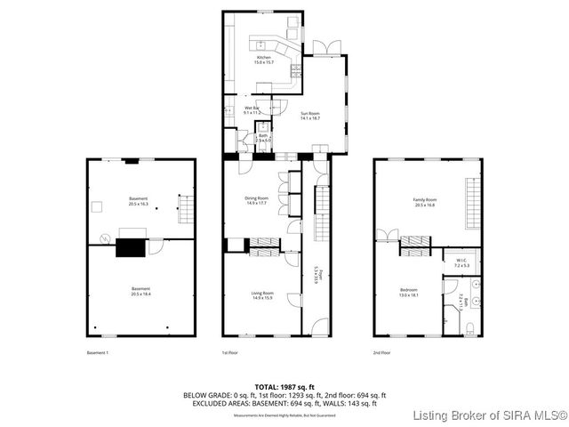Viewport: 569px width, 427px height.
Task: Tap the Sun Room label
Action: pyautogui.click(x=309, y=115)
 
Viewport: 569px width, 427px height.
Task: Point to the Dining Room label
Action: pyautogui.click(x=256, y=200)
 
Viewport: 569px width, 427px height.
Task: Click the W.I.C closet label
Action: pyautogui.click(x=461, y=264)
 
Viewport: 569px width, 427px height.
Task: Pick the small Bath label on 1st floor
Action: pyautogui.click(x=263, y=138)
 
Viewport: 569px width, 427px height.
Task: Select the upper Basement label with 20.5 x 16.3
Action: pyautogui.click(x=138, y=201)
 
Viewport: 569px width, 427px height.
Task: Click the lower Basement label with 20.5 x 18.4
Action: pyautogui.click(x=140, y=291)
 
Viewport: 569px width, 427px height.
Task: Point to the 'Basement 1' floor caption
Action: pyautogui.click(x=97, y=353)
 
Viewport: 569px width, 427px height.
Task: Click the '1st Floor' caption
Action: pyautogui.click(x=230, y=353)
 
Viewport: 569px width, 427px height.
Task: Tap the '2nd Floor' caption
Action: pyautogui.click(x=383, y=353)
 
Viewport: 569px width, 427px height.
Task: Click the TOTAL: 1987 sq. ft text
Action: pyautogui.click(x=284, y=387)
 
